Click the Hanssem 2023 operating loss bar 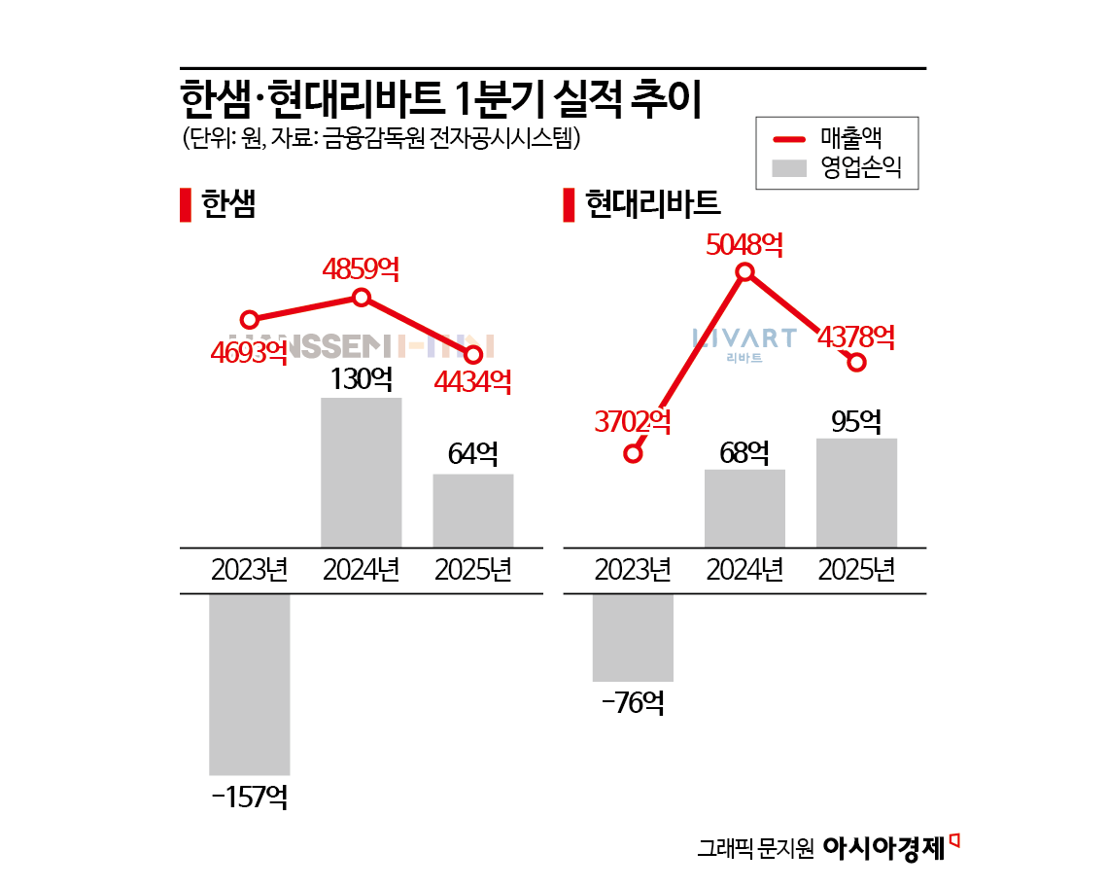tap(250, 684)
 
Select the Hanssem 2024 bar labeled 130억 tap(362, 472)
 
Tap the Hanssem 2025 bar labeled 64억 tap(473, 511)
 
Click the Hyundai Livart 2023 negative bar tap(633, 637)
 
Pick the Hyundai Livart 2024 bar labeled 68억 tap(744, 508)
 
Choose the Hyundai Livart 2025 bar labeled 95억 tap(856, 492)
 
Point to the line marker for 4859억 tap(362, 298)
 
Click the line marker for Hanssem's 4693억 tap(250, 319)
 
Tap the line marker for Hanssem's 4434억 tap(473, 354)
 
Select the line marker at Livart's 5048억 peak tap(745, 272)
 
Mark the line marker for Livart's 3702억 tap(634, 453)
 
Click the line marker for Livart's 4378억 tap(856, 363)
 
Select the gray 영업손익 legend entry tap(836, 168)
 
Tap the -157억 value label tap(249, 798)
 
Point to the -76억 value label tap(632, 702)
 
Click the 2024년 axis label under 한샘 tap(362, 570)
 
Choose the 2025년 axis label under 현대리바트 tap(856, 570)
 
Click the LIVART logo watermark tap(744, 342)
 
